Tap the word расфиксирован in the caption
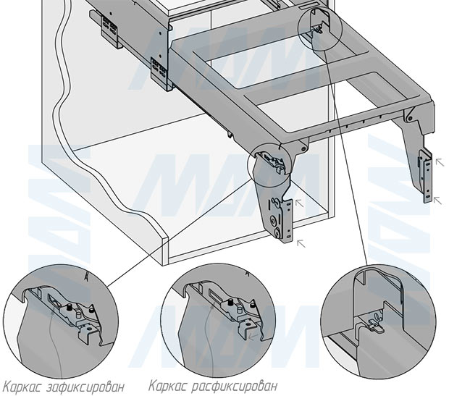pyautogui.click(x=233, y=386)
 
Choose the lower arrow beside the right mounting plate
pyautogui.click(x=437, y=201)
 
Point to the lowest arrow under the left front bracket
pyautogui.click(x=301, y=245)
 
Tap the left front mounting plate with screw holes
pyautogui.click(x=283, y=218)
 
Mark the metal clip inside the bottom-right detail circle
pyautogui.click(x=372, y=324)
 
